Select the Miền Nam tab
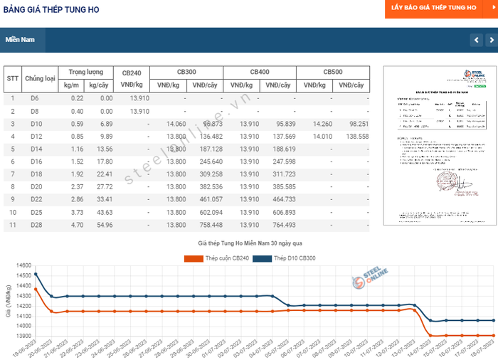(x=21, y=39)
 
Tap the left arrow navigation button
(x=476, y=40)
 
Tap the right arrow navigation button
(x=490, y=40)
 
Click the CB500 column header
(x=333, y=73)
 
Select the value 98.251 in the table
(x=354, y=124)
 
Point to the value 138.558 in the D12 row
(x=354, y=137)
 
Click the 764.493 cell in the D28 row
(x=280, y=225)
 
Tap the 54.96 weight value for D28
(x=103, y=225)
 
